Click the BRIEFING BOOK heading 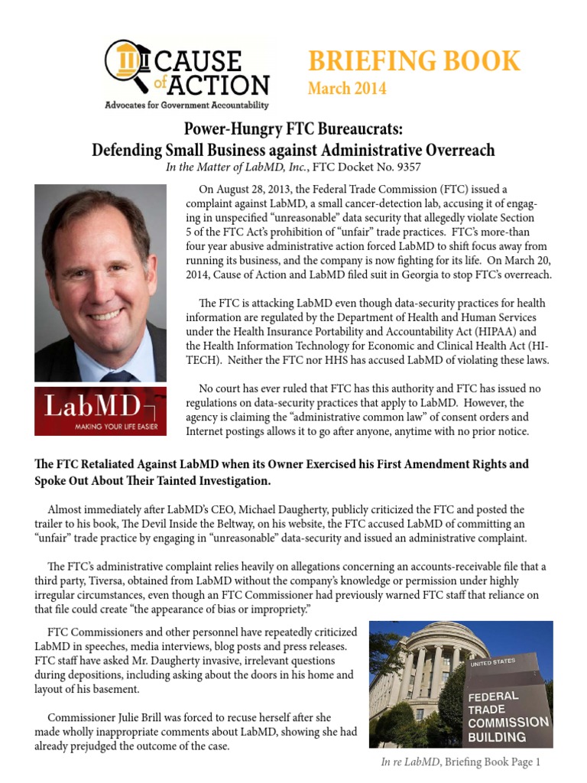(x=413, y=61)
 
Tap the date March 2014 (x=347, y=89)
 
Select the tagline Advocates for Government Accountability (x=186, y=105)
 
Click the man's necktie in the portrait (x=118, y=375)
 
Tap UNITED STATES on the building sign (x=492, y=662)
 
